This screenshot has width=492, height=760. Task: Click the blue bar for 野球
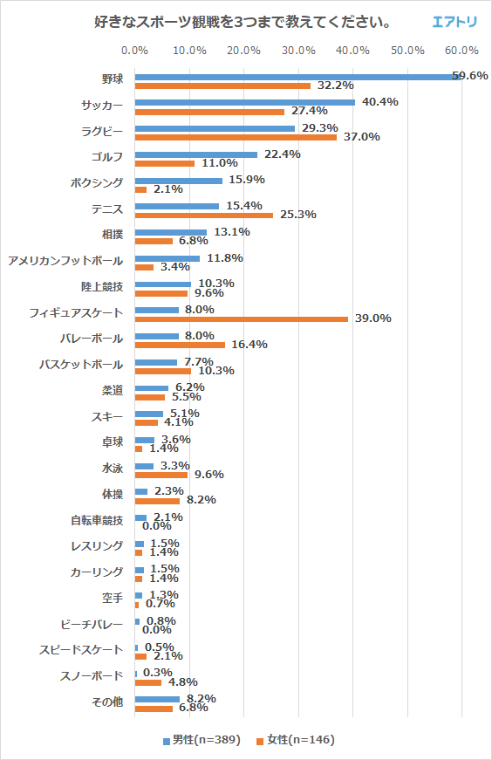297,77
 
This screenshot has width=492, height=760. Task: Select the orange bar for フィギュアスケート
241,318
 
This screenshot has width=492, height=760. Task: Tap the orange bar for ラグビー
236,137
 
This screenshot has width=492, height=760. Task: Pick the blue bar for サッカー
244,102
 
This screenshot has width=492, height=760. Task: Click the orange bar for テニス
204,215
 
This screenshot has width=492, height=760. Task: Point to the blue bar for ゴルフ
196,154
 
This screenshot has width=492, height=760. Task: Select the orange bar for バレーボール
180,345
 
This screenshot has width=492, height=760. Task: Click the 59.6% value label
470,76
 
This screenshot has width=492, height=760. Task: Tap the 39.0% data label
372,318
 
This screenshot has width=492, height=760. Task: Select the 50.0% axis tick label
407,50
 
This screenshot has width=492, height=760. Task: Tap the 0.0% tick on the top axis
135,50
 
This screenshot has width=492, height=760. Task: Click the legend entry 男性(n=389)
201,740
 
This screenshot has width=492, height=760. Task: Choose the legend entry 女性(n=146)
295,740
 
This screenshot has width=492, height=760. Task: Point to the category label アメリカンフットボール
65,261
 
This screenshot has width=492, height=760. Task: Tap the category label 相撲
113,235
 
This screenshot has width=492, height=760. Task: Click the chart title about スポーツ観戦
242,21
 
